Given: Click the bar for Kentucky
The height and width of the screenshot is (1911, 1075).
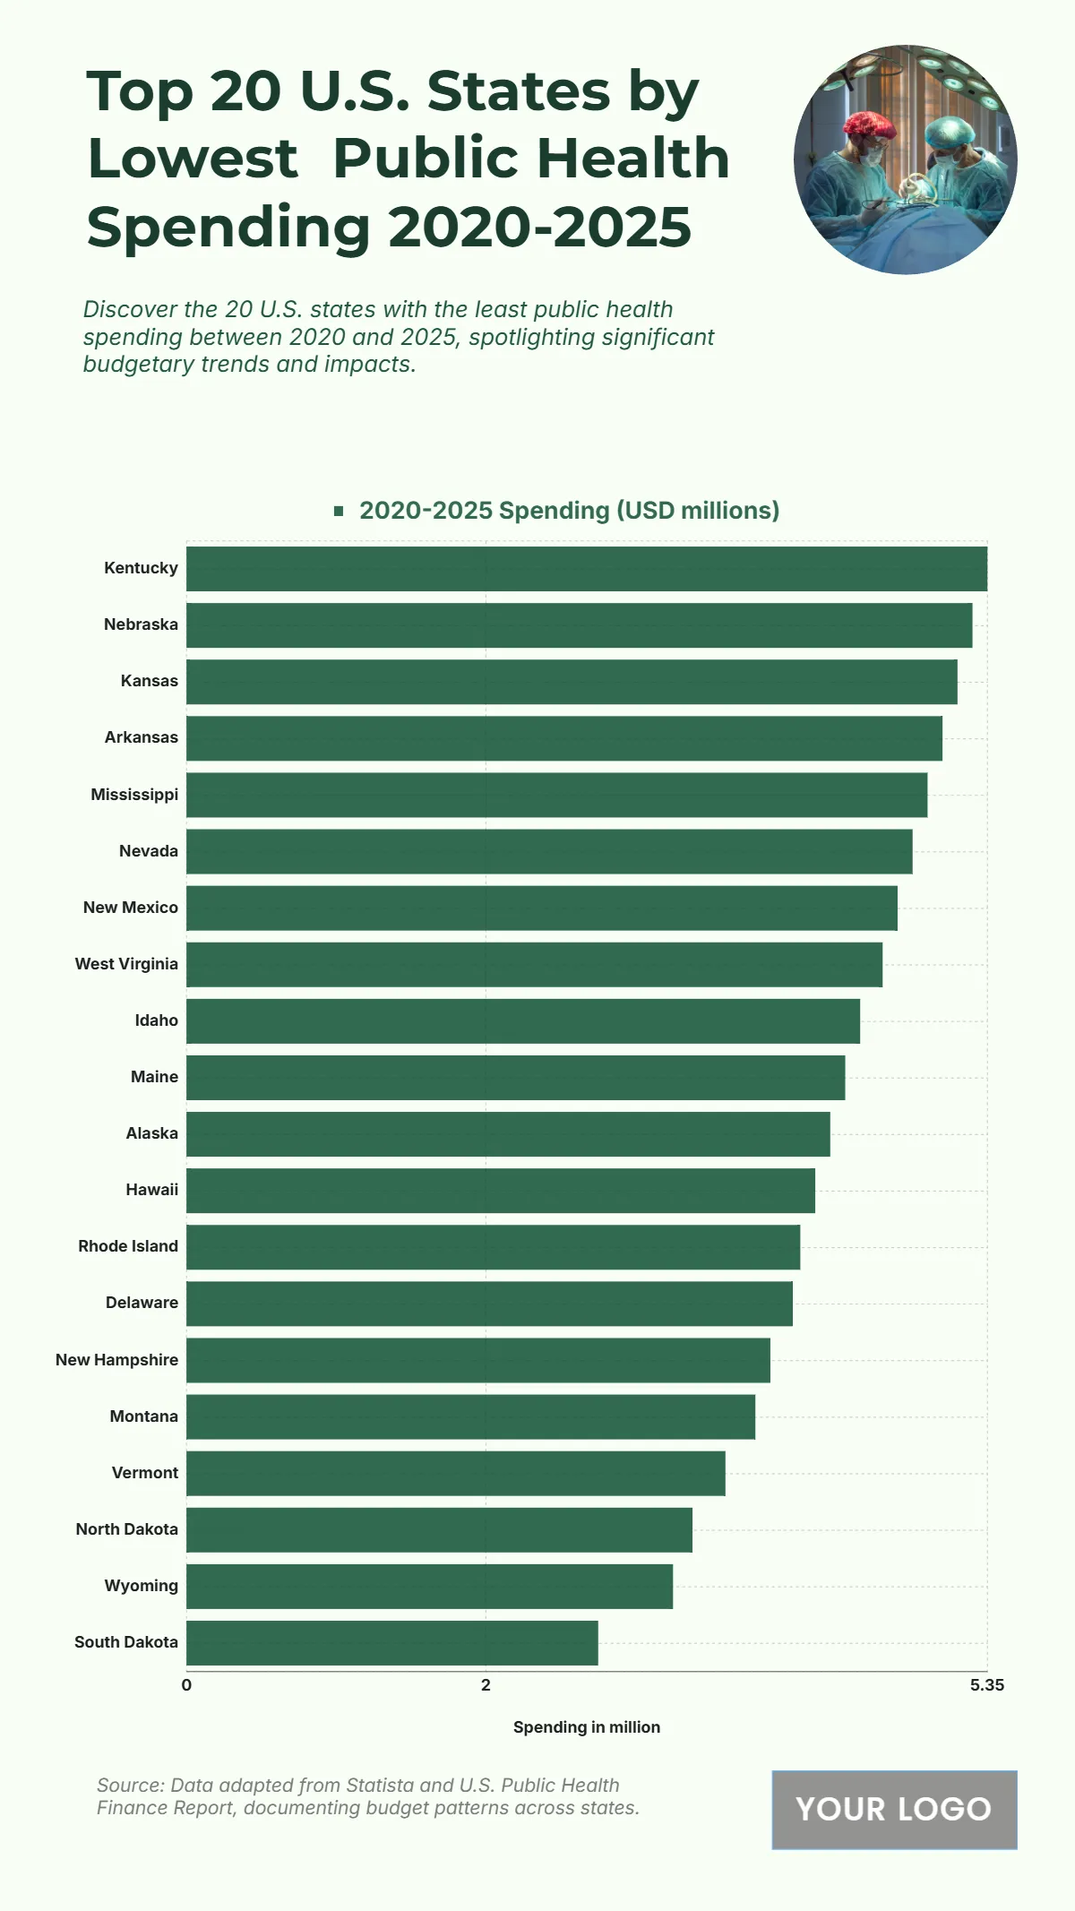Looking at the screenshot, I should tap(587, 569).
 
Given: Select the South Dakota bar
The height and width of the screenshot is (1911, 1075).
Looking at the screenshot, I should tap(391, 1643).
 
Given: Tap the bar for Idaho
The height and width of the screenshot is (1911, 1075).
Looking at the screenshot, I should tap(523, 1021).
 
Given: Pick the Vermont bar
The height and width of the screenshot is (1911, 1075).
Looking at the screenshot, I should tap(456, 1474).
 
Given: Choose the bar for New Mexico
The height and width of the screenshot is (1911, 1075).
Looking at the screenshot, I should tap(542, 908).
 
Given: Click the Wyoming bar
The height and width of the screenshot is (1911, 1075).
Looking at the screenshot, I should tap(429, 1587).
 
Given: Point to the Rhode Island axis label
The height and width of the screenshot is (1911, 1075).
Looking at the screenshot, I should tap(128, 1246).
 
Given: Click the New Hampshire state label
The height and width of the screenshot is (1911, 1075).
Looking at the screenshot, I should tap(116, 1360).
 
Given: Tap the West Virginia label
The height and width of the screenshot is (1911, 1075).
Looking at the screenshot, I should tap(126, 964).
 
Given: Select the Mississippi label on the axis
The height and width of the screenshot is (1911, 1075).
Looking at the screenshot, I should tap(134, 795).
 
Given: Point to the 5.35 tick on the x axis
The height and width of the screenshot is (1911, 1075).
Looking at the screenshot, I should tap(986, 1685).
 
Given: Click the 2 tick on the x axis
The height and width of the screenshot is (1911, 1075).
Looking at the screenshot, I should tap(486, 1685).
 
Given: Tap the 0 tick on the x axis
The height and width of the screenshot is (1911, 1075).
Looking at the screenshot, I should tap(186, 1685).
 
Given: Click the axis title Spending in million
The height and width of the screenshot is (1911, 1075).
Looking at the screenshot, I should tap(587, 1727).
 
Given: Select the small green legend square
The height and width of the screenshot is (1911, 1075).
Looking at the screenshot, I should tap(339, 511).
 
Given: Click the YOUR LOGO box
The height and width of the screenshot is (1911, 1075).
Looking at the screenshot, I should tap(894, 1810).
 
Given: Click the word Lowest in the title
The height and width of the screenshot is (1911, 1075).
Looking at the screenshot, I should tap(193, 159).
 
